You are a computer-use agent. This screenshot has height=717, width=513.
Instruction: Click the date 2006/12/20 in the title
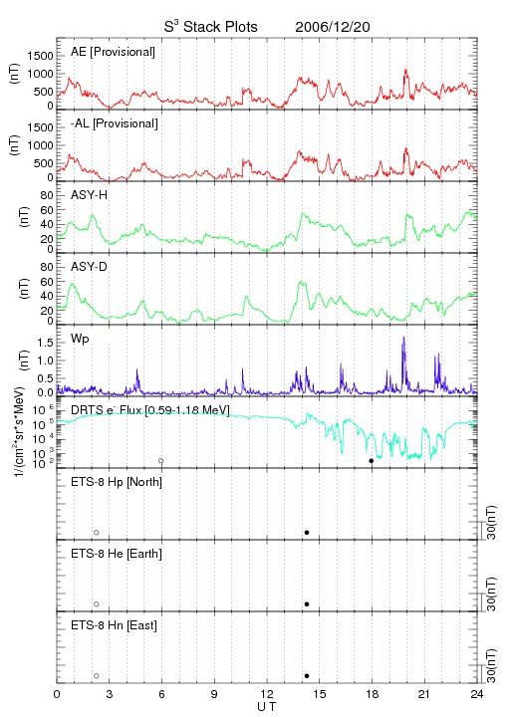coord(333,27)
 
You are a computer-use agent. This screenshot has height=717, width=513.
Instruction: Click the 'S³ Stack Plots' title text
coord(211,27)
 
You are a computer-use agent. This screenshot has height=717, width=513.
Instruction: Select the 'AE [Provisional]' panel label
coord(113,52)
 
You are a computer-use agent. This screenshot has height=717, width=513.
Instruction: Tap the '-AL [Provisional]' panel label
coord(115,123)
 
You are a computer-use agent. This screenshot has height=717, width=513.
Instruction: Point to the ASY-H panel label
coord(89,195)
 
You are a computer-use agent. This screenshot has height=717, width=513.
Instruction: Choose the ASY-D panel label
coord(89,267)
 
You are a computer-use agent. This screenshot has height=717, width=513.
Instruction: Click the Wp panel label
coord(80,339)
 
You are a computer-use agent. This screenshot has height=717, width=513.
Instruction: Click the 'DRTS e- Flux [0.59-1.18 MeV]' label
coord(150,409)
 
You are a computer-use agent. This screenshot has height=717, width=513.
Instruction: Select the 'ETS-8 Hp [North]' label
coord(117,482)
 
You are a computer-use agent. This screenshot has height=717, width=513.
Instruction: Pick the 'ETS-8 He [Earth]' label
coord(117,554)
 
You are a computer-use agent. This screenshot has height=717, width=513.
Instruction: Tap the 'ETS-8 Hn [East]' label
coord(114,625)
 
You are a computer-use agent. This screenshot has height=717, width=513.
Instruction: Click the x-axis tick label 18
coord(373,694)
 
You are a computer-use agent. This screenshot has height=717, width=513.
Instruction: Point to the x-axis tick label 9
coord(214,694)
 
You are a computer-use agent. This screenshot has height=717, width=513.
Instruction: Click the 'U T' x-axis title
coord(267,706)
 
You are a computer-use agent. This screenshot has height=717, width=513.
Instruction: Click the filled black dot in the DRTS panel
coord(372,461)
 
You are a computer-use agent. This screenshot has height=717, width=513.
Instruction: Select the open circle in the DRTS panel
coord(161,461)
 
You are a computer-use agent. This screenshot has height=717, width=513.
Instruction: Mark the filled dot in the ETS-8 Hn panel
coord(307,676)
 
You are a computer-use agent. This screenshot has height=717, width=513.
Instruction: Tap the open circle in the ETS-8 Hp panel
coord(97,533)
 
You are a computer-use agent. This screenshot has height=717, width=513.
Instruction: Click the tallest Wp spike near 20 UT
coord(403,337)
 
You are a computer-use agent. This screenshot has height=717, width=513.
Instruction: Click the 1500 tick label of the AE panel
coord(40,56)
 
